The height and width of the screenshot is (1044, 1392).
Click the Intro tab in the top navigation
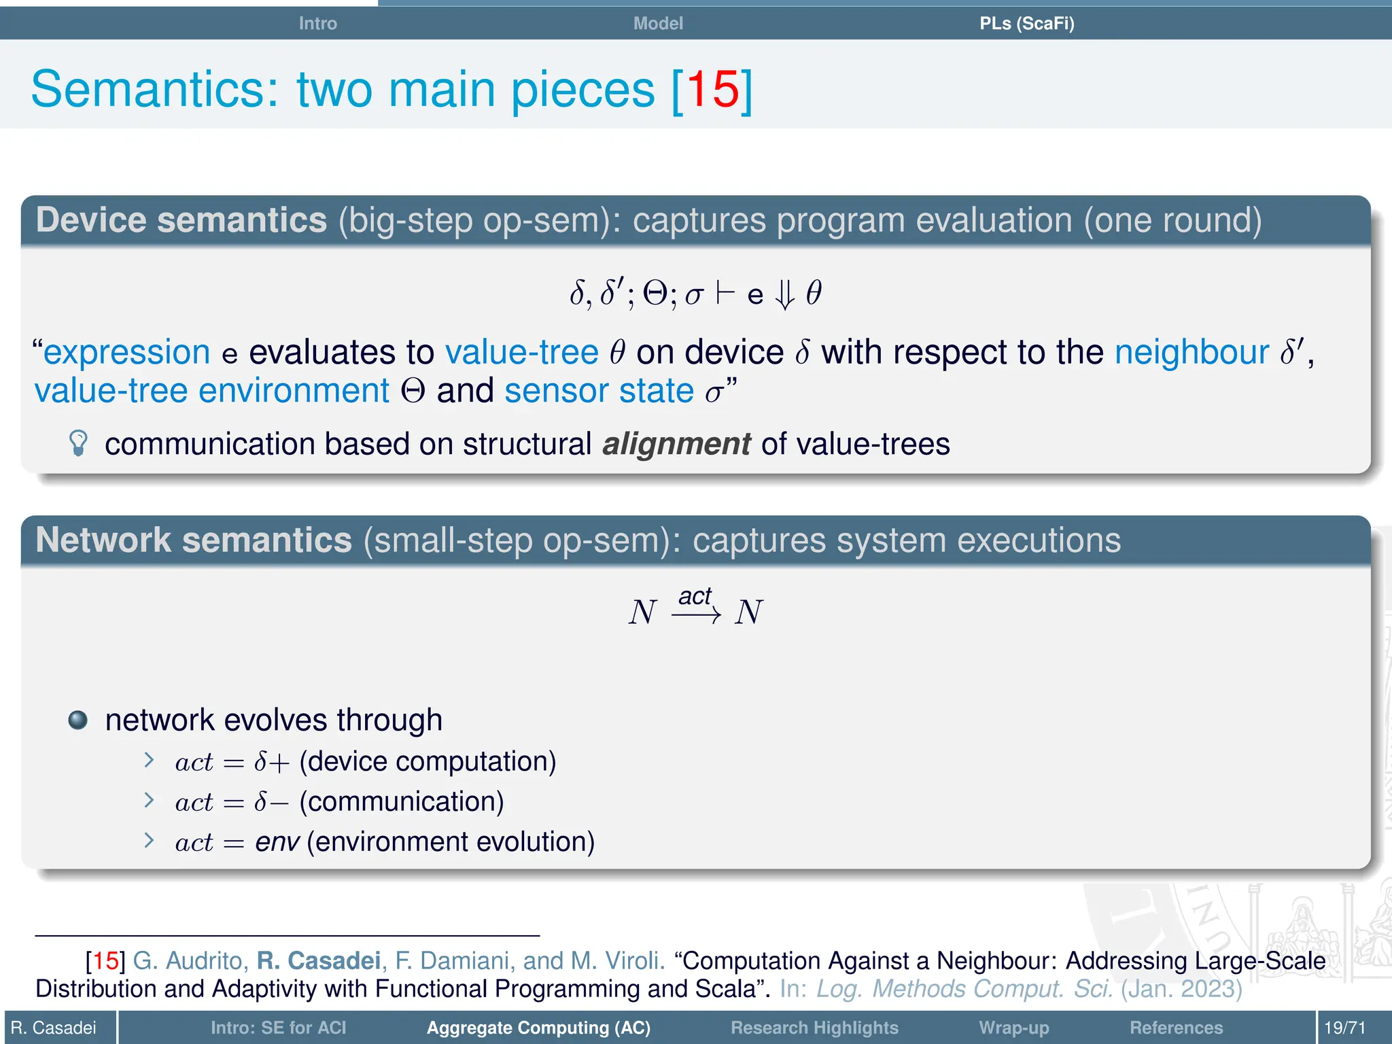coord(317,23)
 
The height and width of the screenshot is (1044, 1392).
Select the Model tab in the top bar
coord(657,23)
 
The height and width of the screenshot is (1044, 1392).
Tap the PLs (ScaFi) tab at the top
coord(1026,23)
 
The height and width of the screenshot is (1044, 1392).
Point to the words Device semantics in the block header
coord(181,220)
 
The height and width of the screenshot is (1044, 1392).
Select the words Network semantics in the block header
coord(194,540)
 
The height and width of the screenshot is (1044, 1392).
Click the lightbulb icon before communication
coord(79,443)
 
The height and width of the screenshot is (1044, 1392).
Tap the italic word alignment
coord(676,444)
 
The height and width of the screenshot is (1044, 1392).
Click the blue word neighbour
coord(1191,352)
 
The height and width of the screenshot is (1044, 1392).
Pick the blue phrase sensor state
coord(599,391)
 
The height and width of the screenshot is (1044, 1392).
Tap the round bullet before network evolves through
coord(78,720)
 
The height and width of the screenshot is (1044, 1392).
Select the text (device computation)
coord(428,761)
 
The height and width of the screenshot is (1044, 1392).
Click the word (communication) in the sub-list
coord(402,802)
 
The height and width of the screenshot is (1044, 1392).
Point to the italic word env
coord(277,842)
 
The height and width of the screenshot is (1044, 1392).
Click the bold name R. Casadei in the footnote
coord(318,960)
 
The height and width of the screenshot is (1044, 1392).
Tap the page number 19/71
coord(1344,1028)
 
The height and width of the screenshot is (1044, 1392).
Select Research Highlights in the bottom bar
coord(814,1028)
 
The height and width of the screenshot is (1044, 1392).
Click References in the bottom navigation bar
coord(1176,1028)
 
